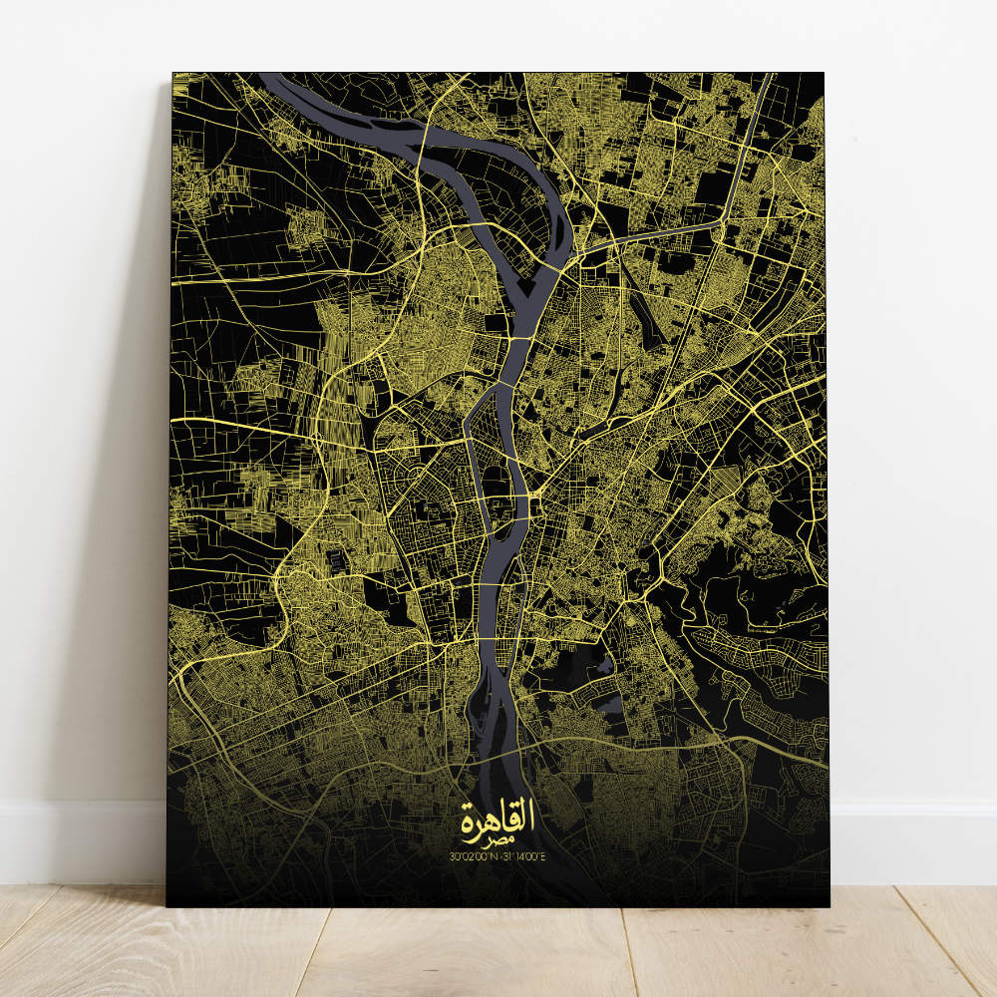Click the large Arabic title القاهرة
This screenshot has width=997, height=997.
coord(498,818)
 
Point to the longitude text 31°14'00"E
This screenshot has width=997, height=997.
coord(525,854)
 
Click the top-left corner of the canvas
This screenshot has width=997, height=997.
coord(173,74)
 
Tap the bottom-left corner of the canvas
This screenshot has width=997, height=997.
coord(167,905)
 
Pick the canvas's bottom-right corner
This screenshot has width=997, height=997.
coord(829,905)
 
